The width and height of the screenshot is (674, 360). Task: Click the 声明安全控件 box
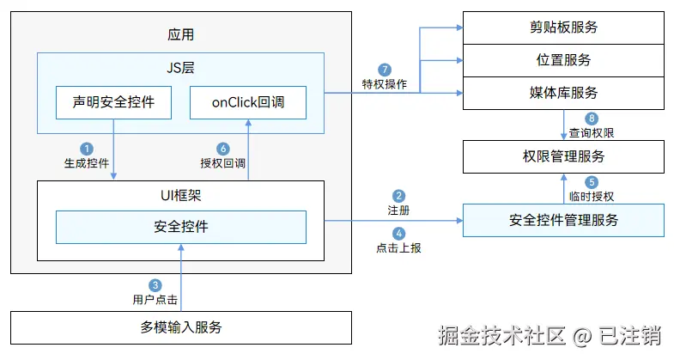coord(113,102)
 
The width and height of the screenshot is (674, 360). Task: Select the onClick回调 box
coord(248,102)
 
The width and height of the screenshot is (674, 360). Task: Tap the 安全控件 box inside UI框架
coord(181,227)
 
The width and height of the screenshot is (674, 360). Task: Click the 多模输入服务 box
coord(181,327)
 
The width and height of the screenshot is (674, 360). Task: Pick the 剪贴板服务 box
coord(563,27)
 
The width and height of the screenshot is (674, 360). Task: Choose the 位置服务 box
coord(563,60)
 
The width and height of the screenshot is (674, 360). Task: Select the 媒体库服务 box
coord(563,93)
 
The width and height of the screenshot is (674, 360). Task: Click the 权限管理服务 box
coord(563,156)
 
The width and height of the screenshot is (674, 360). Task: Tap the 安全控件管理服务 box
coord(563,220)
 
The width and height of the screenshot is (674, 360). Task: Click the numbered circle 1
coord(87,149)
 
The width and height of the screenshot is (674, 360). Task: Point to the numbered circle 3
coord(155,285)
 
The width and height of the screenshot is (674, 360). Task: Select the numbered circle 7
coord(385,70)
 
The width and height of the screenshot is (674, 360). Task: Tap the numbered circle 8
coord(592,119)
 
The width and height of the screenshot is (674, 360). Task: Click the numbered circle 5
coord(592,182)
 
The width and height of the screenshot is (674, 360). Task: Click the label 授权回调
coord(222,163)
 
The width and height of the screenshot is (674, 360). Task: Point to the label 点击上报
coord(398,248)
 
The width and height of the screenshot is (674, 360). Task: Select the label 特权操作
coord(385,84)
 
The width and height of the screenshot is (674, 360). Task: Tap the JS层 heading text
coord(180,68)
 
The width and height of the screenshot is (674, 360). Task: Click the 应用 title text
coord(180,34)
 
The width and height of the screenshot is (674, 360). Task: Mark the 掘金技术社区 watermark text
coord(501,335)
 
